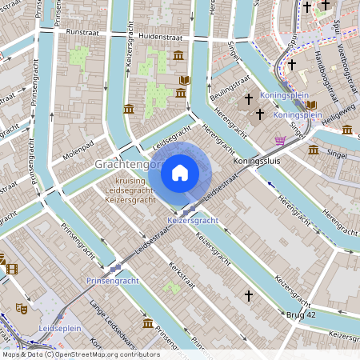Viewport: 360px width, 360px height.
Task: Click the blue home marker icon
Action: (180, 171)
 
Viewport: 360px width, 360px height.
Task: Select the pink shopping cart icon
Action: (280, 140)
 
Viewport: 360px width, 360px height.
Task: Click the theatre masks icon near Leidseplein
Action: (21, 307)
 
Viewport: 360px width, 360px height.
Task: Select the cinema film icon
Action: (11, 268)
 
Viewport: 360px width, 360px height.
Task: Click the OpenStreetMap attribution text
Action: (80, 354)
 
